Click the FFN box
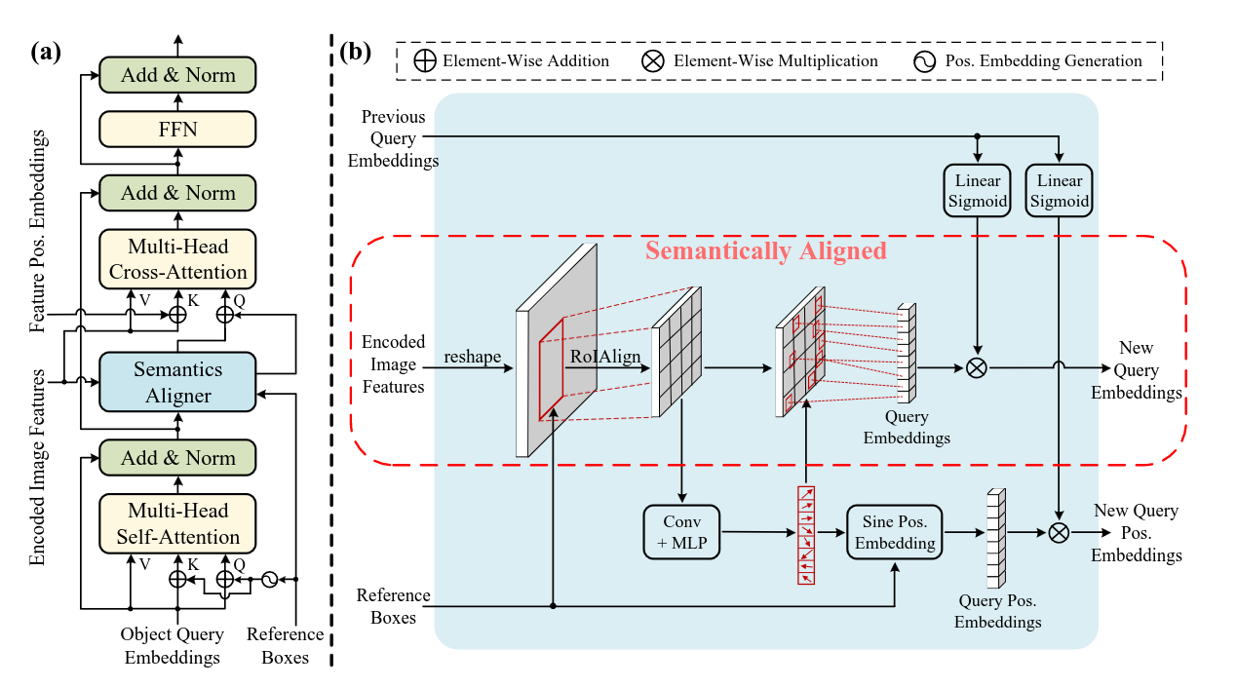(x=177, y=129)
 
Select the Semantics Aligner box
(x=177, y=382)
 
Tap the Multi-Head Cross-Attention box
(x=177, y=259)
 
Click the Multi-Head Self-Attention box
(x=177, y=524)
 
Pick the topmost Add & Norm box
(x=177, y=75)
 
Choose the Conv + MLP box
(x=681, y=531)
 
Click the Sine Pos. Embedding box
(x=895, y=531)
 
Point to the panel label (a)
(x=45, y=54)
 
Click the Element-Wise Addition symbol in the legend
(x=426, y=61)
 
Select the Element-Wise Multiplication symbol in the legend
(x=652, y=61)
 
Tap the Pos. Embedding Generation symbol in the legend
(x=924, y=61)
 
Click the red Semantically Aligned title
(x=765, y=250)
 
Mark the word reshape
(x=472, y=358)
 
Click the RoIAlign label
(x=606, y=358)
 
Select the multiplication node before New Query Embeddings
(x=976, y=368)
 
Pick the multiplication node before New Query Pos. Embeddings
(x=1058, y=532)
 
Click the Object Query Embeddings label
(x=173, y=646)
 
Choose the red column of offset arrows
(x=806, y=535)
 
